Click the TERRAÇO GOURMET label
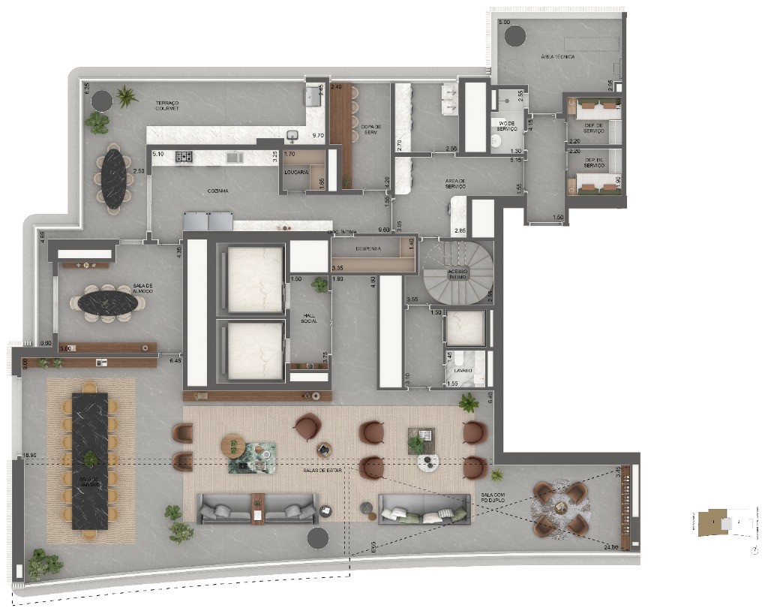tap(167, 105)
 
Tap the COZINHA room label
tap(218, 191)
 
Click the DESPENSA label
tap(368, 248)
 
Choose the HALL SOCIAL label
tap(308, 318)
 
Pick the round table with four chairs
tap(560, 509)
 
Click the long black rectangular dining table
tap(90, 459)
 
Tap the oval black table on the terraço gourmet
tap(114, 179)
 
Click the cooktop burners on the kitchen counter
tap(184, 157)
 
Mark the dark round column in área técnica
tap(515, 35)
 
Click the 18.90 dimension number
tap(29, 455)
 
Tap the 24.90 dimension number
tap(610, 547)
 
